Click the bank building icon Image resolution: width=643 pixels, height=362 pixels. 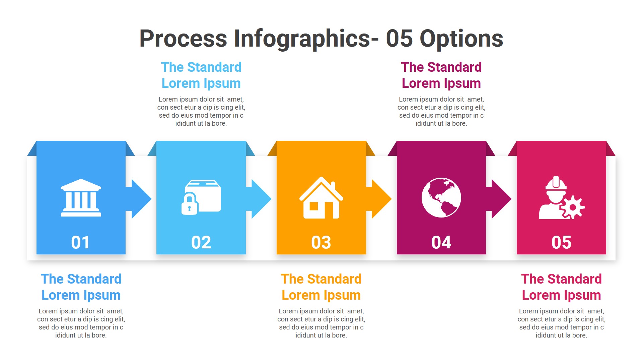(x=81, y=198)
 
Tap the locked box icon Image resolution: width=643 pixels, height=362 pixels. (x=201, y=198)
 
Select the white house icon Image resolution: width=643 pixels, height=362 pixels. (x=321, y=198)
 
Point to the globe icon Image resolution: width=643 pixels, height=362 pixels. (x=441, y=198)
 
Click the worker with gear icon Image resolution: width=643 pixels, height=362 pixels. (x=561, y=198)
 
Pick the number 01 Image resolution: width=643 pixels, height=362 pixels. (x=81, y=242)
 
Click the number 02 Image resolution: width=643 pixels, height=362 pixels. (x=201, y=242)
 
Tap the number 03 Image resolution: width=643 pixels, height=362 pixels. (x=321, y=242)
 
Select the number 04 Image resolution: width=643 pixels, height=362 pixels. (x=441, y=242)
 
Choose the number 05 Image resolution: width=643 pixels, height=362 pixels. (x=561, y=242)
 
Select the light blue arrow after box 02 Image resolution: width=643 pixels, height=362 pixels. (x=260, y=199)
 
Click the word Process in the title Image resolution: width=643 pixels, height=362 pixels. (x=183, y=39)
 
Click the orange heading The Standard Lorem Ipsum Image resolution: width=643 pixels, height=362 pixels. (x=321, y=287)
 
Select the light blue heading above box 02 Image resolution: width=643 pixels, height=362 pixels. (x=201, y=75)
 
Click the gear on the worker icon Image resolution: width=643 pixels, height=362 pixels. (x=572, y=207)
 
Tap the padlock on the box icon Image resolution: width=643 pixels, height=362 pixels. (x=190, y=204)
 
